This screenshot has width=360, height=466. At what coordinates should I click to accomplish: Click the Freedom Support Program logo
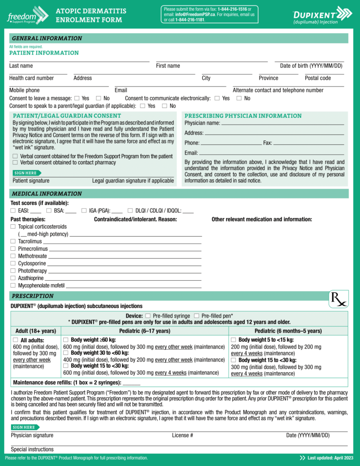(x=27, y=15)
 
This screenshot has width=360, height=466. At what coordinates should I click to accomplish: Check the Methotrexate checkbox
(x=13, y=256)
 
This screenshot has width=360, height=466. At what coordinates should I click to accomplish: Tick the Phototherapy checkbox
(x=13, y=271)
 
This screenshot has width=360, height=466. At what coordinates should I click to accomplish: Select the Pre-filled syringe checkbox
(x=147, y=316)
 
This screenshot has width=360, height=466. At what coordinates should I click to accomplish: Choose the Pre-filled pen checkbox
(x=196, y=316)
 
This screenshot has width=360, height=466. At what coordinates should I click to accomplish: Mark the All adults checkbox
(x=15, y=340)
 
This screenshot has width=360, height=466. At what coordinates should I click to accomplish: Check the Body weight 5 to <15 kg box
(x=233, y=340)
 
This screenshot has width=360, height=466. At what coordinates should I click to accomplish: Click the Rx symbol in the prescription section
(x=338, y=299)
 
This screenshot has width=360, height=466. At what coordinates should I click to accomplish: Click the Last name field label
(x=21, y=66)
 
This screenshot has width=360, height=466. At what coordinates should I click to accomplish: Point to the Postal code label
(x=318, y=78)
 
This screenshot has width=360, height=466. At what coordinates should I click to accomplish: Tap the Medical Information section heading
(x=47, y=194)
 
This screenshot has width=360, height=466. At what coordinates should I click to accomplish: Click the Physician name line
(x=282, y=123)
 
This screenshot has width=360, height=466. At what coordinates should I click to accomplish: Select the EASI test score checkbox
(x=13, y=211)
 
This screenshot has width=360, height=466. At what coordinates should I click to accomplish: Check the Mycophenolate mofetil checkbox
(x=13, y=285)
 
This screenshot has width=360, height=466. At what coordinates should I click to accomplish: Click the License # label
(x=183, y=436)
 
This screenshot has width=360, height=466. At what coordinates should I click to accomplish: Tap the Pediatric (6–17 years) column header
(x=145, y=331)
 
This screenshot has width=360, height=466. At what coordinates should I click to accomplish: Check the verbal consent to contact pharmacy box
(x=15, y=162)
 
